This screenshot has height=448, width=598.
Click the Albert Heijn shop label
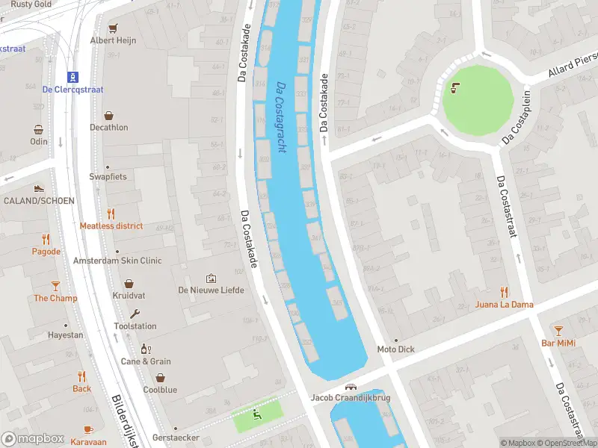[113, 40]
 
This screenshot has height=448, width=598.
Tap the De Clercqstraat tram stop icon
[73, 76]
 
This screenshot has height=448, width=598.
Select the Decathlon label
[109, 128]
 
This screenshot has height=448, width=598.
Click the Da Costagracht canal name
[281, 117]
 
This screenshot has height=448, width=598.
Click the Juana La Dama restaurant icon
[505, 292]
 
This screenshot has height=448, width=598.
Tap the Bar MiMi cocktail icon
[558, 330]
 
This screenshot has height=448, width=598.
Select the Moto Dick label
[395, 349]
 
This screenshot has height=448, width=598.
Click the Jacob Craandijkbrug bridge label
[351, 398]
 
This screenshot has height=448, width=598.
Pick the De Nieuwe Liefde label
[211, 290]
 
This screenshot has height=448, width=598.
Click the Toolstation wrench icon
[135, 314]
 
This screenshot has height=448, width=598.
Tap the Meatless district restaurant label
[111, 226]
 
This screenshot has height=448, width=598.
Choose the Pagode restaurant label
[46, 252]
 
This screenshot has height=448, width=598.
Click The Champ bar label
[55, 298]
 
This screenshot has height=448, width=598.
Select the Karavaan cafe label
[88, 441]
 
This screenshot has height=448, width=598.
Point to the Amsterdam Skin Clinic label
[117, 261]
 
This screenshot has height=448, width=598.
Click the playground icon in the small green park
[258, 413]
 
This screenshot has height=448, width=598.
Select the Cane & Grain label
[146, 361]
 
